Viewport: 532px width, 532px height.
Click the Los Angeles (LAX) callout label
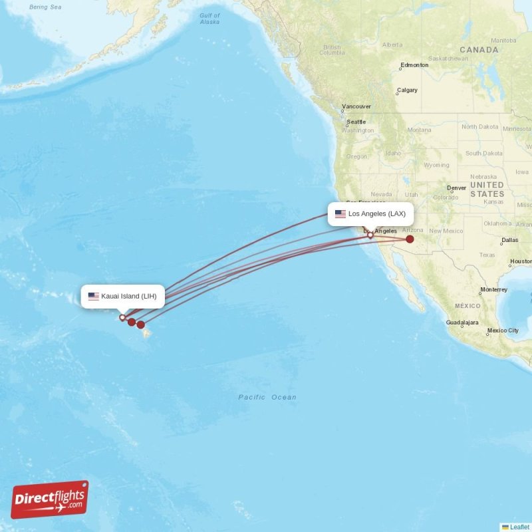(370, 214)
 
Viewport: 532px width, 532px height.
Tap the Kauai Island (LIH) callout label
(123, 296)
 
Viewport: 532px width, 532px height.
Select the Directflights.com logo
(50, 499)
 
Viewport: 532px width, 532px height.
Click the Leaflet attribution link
(519, 527)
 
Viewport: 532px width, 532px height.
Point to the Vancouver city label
(356, 106)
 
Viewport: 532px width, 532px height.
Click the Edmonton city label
(414, 66)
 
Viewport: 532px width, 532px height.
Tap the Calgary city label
(407, 90)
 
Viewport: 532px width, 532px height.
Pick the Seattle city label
(356, 122)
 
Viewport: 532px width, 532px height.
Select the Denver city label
(457, 188)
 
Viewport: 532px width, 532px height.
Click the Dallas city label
(510, 240)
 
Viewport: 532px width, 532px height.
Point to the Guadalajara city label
(462, 323)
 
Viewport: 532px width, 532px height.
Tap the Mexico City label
(503, 331)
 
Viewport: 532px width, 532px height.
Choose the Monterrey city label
(493, 290)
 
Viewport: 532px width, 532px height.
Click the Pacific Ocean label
(267, 398)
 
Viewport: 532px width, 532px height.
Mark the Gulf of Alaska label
(209, 19)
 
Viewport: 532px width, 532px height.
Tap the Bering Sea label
(45, 7)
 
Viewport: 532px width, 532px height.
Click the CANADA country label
(479, 50)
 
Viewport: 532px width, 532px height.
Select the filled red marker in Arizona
(410, 239)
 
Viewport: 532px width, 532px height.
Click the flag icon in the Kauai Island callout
(93, 296)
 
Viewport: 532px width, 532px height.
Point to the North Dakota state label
(479, 127)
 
